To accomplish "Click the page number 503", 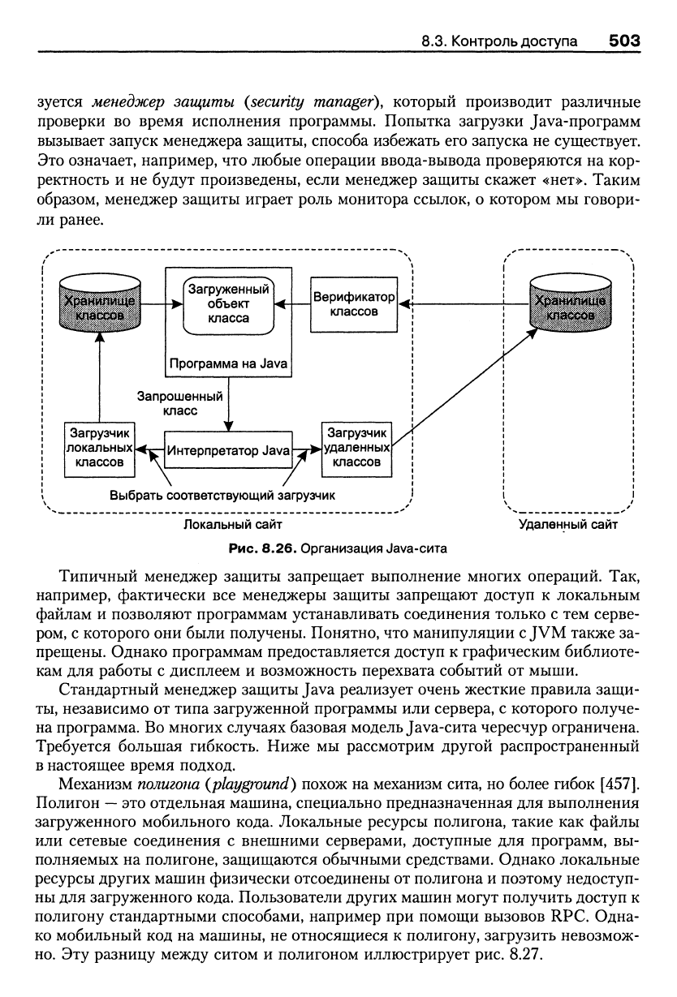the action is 624,41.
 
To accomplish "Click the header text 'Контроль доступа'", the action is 514,41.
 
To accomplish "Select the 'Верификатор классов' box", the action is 354,304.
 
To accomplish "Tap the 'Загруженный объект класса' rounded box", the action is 228,304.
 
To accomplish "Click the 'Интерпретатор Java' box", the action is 228,449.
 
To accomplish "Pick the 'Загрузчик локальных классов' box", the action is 99,449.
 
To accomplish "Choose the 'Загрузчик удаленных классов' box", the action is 356,449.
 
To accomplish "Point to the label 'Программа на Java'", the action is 228,363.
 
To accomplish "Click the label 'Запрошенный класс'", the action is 179,403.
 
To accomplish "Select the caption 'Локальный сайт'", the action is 232,524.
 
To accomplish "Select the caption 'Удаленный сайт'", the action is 568,524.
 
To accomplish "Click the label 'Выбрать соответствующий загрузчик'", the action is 222,495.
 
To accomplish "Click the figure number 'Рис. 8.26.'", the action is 262,548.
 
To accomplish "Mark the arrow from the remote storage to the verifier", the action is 464,304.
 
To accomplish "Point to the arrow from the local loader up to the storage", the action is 99,377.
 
